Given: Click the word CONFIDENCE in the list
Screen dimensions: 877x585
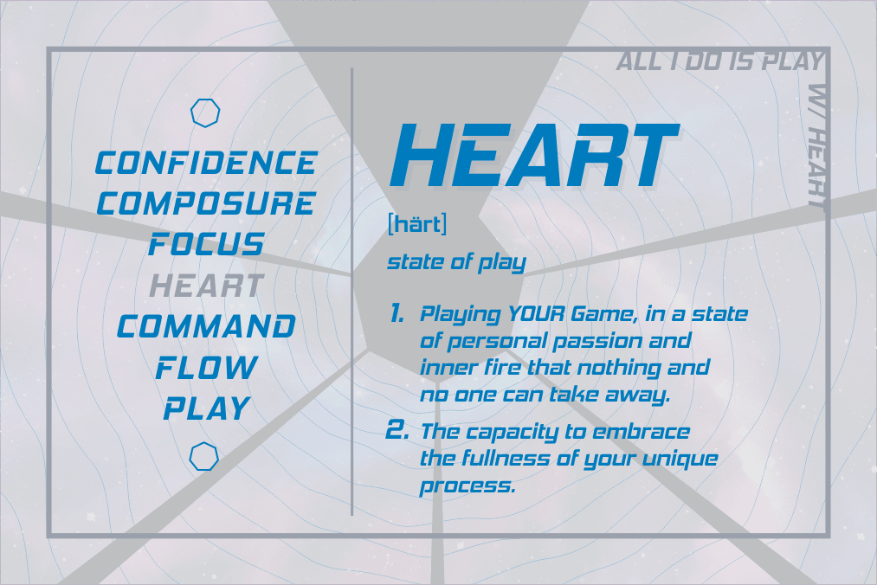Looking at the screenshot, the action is pyautogui.click(x=206, y=163).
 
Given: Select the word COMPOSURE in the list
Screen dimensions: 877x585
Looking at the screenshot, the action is pyautogui.click(x=206, y=203).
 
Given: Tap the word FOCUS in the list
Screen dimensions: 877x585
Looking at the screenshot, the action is pyautogui.click(x=206, y=244).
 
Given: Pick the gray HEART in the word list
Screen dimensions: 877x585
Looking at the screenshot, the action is pyautogui.click(x=206, y=286).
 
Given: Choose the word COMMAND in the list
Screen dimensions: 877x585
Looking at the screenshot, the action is pyautogui.click(x=206, y=326).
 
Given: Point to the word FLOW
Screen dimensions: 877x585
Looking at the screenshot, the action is pyautogui.click(x=206, y=368).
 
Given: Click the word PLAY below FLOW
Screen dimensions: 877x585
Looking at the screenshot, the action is pyautogui.click(x=206, y=408).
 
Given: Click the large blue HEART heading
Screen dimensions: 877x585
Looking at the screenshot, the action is pyautogui.click(x=534, y=156).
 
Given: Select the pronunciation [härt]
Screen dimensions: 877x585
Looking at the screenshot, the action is pyautogui.click(x=417, y=224).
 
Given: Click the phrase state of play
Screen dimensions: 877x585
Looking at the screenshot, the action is pyautogui.click(x=456, y=262).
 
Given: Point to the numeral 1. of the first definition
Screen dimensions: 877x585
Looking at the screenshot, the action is pyautogui.click(x=397, y=314).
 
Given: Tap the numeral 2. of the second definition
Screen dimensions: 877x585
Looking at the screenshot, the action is pyautogui.click(x=397, y=430).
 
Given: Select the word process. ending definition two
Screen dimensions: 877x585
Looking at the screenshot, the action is pyautogui.click(x=468, y=485).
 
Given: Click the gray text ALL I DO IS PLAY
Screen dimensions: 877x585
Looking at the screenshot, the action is pyautogui.click(x=720, y=61).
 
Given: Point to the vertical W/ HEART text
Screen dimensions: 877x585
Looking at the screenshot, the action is pyautogui.click(x=817, y=145).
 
